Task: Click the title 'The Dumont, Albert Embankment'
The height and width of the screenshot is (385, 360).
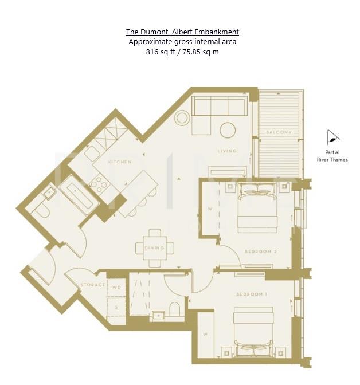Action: [182, 32]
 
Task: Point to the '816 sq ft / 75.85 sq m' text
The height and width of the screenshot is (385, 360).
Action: [182, 52]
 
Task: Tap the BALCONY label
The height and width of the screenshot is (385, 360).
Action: [279, 132]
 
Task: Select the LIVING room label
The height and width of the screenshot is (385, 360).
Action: [227, 151]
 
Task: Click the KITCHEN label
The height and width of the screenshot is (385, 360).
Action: [120, 162]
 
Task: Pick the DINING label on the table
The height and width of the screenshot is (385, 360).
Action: [155, 248]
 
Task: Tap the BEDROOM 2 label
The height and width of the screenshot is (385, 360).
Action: [261, 252]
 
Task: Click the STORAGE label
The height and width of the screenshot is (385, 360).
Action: [92, 285]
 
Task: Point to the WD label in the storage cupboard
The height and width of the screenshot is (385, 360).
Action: [116, 288]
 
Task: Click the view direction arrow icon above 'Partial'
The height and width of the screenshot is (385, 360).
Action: [332, 137]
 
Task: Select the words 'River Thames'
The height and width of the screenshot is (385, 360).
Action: [332, 160]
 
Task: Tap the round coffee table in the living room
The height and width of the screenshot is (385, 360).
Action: [228, 130]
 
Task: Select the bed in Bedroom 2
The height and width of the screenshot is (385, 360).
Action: [257, 207]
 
